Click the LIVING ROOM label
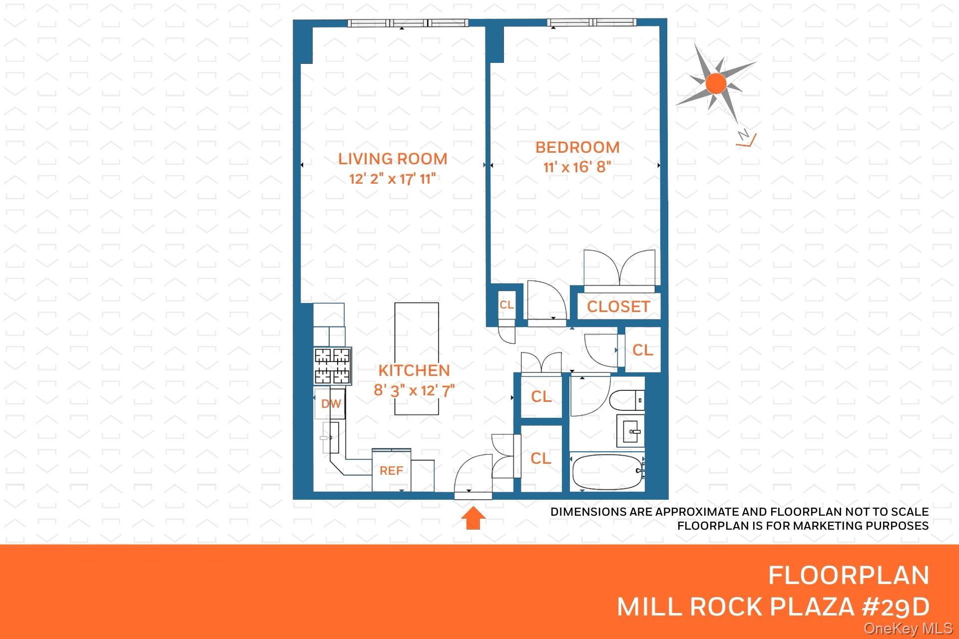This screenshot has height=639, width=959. (x=393, y=159)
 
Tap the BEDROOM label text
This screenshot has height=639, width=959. (x=577, y=147)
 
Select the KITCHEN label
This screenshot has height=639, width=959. (x=414, y=370)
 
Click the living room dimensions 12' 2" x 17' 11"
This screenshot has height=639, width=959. (x=393, y=179)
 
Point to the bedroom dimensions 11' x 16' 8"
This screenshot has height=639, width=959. (x=577, y=167)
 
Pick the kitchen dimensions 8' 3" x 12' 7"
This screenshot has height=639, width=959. (x=414, y=390)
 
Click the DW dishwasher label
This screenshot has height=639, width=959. (x=331, y=404)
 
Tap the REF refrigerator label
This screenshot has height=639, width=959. (x=391, y=471)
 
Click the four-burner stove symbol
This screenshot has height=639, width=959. (x=333, y=365)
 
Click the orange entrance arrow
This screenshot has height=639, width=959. (x=473, y=518)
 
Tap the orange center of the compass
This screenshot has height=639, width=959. (x=716, y=83)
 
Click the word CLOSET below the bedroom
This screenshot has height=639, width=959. (x=618, y=307)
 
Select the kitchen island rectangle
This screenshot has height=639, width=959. (x=417, y=358)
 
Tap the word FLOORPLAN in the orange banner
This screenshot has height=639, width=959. (x=849, y=575)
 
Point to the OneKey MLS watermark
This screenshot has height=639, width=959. (x=909, y=629)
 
